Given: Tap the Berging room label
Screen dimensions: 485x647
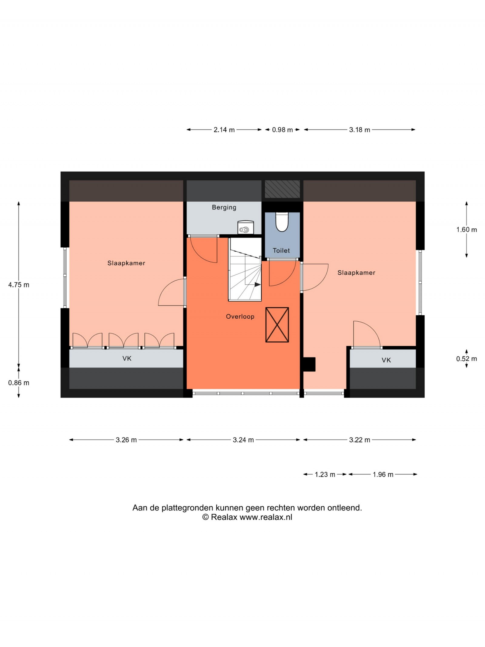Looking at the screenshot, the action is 224,207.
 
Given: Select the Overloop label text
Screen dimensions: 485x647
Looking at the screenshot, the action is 240,317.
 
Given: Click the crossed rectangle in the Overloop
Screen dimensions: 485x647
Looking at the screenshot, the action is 277,325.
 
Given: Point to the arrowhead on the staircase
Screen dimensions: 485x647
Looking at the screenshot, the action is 258,284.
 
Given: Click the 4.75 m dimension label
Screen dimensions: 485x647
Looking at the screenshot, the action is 19,285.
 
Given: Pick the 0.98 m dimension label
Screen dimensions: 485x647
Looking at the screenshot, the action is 282,130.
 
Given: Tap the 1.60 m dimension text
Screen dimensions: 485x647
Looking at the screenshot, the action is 467,230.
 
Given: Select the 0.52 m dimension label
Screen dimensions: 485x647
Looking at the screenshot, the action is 467,359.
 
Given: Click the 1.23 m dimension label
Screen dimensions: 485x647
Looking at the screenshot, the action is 325,474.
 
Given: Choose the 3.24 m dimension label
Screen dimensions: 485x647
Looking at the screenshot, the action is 243,440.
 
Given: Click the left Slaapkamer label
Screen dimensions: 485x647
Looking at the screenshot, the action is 126,263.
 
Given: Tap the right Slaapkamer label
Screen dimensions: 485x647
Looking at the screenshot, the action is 356,273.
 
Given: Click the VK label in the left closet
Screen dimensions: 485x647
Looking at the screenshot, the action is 127,358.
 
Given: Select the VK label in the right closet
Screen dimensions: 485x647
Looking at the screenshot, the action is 386,360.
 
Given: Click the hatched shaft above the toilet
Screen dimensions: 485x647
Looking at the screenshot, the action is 282,189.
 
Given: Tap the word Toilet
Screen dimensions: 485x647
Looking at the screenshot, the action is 281,250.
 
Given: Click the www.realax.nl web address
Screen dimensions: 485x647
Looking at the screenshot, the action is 266,517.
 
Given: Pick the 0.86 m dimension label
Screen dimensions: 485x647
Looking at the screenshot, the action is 19,383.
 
